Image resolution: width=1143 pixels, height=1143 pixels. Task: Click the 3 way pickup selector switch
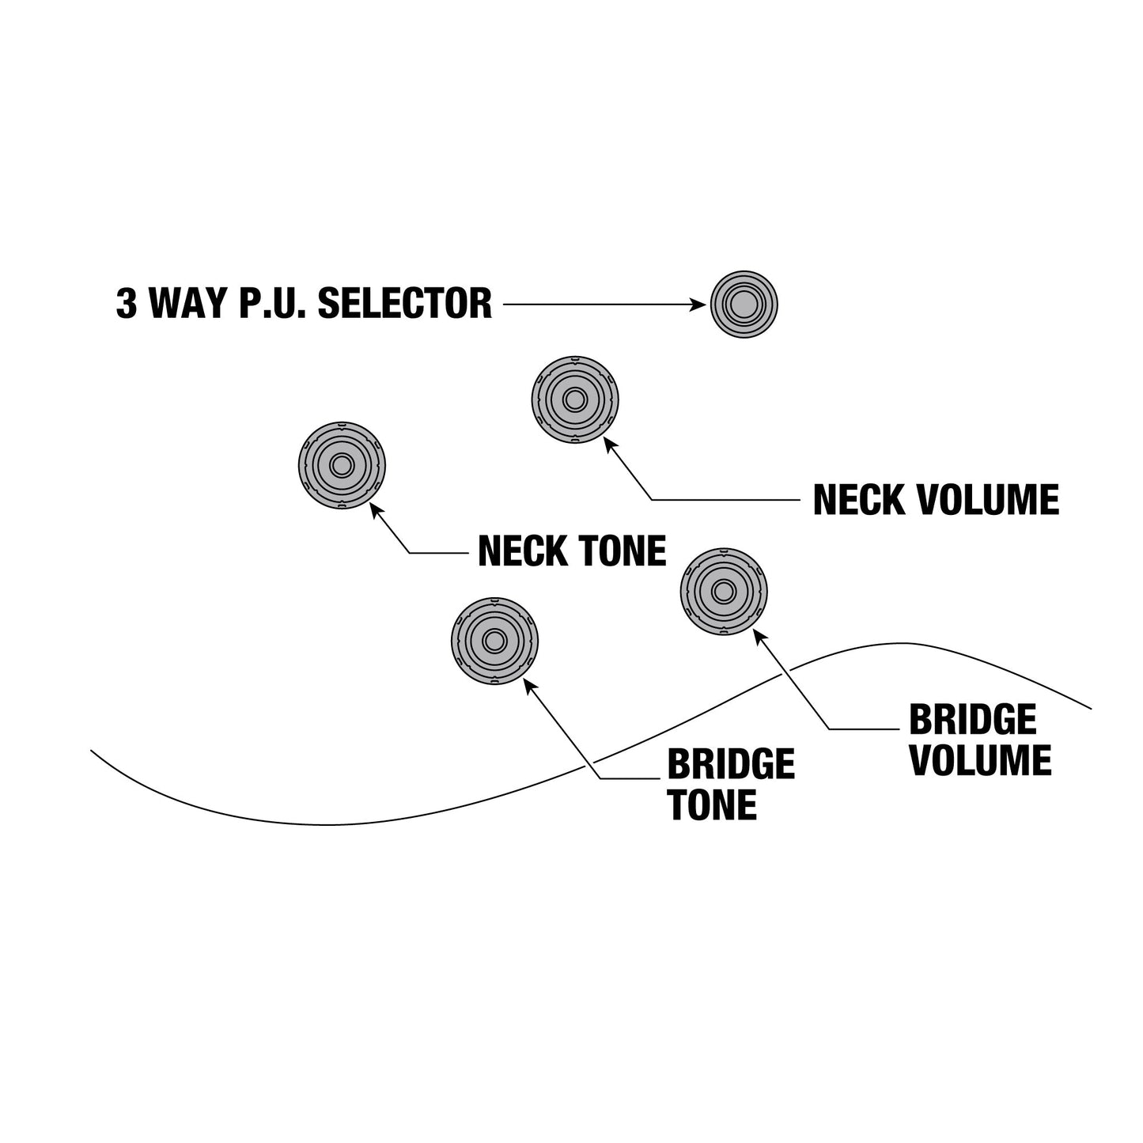(744, 305)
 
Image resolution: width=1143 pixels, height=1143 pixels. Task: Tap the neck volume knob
(575, 399)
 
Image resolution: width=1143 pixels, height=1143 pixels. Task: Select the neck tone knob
(342, 466)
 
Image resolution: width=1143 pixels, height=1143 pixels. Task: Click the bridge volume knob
(724, 592)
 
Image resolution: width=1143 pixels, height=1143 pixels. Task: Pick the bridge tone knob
(494, 641)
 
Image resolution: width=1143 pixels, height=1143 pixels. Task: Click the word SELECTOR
(404, 303)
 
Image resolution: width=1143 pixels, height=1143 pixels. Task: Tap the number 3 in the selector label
(127, 303)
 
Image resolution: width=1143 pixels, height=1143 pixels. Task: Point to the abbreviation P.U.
(272, 303)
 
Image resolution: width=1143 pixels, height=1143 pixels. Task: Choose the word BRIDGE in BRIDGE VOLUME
(973, 720)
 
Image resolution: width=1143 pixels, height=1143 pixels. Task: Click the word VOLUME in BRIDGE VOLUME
(981, 761)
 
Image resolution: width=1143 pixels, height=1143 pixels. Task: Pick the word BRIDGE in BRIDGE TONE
(731, 764)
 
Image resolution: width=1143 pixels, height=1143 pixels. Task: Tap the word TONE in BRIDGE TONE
(713, 805)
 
